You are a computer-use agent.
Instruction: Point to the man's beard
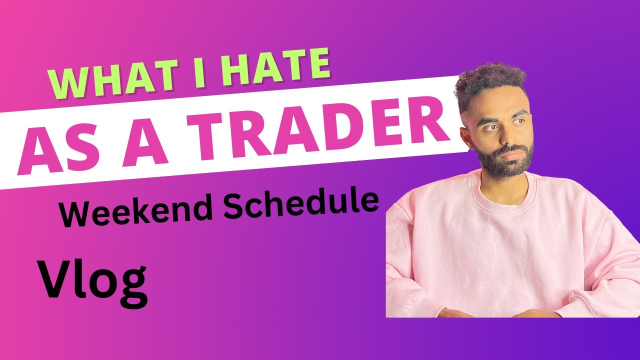pyautogui.click(x=502, y=160)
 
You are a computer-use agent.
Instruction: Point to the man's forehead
pyautogui.click(x=497, y=102)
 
